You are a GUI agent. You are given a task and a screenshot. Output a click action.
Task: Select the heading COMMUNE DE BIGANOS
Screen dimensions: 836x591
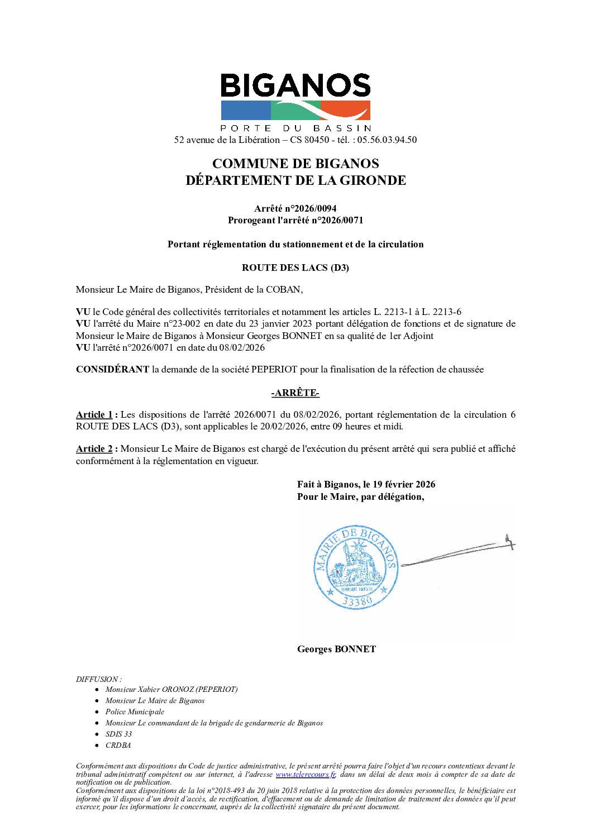tap(295, 164)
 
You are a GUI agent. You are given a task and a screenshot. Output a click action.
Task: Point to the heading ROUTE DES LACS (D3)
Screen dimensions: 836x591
tap(295, 267)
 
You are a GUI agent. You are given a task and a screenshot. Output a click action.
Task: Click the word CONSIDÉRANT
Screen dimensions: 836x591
tap(112, 369)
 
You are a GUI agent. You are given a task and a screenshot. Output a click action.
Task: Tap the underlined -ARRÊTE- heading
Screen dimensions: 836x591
tap(295, 393)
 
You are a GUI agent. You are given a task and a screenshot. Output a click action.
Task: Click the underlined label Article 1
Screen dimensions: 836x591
tap(94, 414)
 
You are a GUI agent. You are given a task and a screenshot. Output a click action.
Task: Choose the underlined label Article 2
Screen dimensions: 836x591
tap(94, 448)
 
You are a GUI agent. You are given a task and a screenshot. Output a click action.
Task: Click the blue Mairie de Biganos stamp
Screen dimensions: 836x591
tap(356, 566)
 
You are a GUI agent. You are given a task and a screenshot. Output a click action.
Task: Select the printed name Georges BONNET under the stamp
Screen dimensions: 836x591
tap(336, 649)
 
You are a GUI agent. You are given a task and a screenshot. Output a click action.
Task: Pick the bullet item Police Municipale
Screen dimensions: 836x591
tap(135, 711)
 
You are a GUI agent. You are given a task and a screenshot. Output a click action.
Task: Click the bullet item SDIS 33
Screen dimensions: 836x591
tap(118, 734)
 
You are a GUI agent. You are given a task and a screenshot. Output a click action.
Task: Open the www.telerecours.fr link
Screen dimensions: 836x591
tap(305, 774)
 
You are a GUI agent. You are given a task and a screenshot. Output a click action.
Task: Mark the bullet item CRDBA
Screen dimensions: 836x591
tap(118, 745)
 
